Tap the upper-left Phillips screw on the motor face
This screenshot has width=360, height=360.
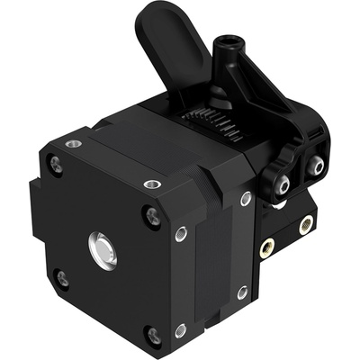point(57,165)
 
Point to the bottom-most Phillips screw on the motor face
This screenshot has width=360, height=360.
point(154,337)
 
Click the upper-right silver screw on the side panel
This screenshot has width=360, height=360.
point(246,199)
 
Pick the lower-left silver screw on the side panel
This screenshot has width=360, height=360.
point(180,329)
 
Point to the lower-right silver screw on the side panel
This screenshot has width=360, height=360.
point(242,292)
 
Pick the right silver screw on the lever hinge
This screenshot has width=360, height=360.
point(316,164)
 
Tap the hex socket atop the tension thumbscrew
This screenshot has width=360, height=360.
point(229,42)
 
